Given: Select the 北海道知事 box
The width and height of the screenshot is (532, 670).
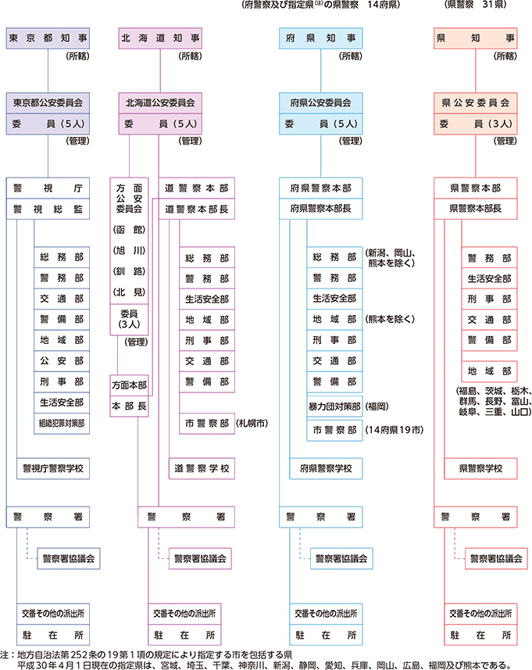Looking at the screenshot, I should tap(159, 37).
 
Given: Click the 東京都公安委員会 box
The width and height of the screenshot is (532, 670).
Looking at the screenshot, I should tap(48, 103).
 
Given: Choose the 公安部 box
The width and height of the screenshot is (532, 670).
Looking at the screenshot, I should tap(62, 361).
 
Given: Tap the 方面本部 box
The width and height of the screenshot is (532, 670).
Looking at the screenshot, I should tap(129, 386).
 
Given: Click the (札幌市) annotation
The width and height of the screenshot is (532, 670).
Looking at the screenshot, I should tap(253, 423).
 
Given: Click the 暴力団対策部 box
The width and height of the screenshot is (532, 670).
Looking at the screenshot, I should tap(334, 407).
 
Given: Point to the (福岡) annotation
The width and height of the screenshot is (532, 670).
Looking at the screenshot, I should tap(379, 407).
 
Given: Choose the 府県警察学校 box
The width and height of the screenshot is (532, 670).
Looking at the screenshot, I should tap(320, 468).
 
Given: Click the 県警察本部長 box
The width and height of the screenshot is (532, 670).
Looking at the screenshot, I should tap(475, 209).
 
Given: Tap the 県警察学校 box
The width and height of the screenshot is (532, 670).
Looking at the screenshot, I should tap(474, 468).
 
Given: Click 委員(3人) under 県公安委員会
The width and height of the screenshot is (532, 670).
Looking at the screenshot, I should tap(475, 124).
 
